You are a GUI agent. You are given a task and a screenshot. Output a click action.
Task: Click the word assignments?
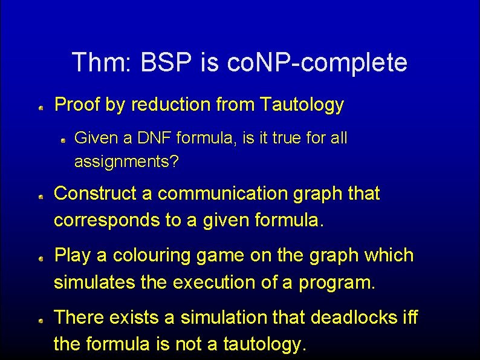(x=127, y=162)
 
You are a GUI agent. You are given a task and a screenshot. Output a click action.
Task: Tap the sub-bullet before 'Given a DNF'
(x=63, y=140)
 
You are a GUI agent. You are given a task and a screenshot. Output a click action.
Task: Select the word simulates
(x=102, y=283)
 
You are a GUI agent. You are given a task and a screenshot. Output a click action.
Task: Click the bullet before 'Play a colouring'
(x=39, y=258)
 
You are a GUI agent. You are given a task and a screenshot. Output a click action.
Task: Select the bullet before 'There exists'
(x=39, y=320)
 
